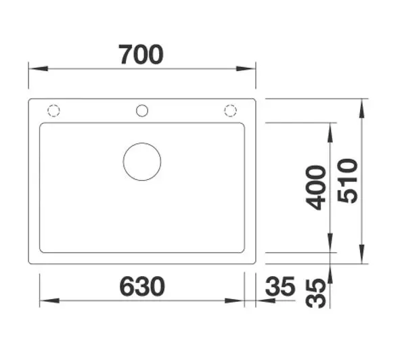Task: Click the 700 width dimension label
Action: pyautogui.click(x=141, y=55)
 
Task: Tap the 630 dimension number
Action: pyautogui.click(x=142, y=286)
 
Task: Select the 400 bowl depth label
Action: pyautogui.click(x=315, y=187)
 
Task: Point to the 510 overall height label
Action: pyautogui.click(x=348, y=181)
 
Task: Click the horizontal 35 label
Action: pyautogui.click(x=280, y=286)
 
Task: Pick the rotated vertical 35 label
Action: pyautogui.click(x=315, y=293)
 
